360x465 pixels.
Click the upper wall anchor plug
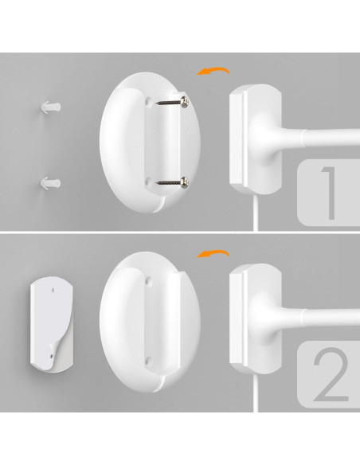(51, 107)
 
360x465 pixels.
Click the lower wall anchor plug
(50, 184)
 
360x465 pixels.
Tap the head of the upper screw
(185, 102)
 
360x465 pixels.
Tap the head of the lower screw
(185, 182)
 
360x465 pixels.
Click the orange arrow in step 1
(213, 71)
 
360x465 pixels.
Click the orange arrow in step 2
(213, 253)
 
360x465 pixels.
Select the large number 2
(331, 374)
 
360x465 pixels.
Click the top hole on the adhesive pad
(53, 290)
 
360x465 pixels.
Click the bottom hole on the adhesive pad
(52, 356)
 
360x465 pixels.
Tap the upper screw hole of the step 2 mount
(148, 281)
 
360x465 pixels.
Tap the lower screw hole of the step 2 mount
(149, 361)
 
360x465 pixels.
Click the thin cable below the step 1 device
(256, 213)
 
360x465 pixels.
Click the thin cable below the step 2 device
(256, 393)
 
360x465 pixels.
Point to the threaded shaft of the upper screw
(168, 103)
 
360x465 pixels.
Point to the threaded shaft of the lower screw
(168, 182)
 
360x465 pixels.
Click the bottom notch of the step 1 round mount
(159, 205)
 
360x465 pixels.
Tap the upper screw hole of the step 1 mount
(148, 102)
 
